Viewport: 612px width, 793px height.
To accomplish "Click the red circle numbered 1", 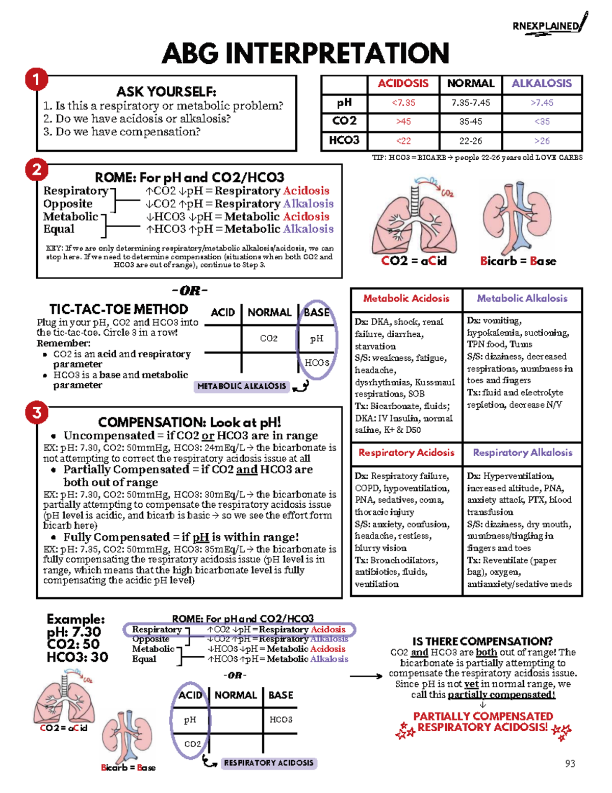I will pyautogui.click(x=36, y=80).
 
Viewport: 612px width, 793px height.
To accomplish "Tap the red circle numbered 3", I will pyautogui.click(x=37, y=412).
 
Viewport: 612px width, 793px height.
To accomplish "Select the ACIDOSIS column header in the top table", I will pyautogui.click(x=403, y=84).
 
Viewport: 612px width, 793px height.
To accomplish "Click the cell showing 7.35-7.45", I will pyautogui.click(x=470, y=103).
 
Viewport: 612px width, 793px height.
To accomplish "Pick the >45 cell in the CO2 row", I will pyautogui.click(x=403, y=122).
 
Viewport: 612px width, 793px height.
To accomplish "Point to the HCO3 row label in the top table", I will pyautogui.click(x=344, y=140).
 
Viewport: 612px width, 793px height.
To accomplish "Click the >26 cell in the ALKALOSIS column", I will pyautogui.click(x=542, y=141).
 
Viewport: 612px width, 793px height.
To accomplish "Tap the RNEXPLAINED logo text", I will pyautogui.click(x=546, y=26).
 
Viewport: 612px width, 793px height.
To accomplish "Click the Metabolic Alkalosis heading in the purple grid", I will pyautogui.click(x=522, y=299).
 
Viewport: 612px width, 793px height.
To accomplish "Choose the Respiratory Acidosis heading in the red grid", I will pyautogui.click(x=406, y=453).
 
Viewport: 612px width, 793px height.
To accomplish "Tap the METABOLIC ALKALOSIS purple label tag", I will pyautogui.click(x=241, y=386).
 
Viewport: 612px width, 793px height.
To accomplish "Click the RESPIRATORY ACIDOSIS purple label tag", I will pyautogui.click(x=269, y=763).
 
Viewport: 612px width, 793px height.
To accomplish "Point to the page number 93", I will pyautogui.click(x=570, y=763).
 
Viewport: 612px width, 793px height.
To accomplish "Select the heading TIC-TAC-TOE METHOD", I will pyautogui.click(x=118, y=309).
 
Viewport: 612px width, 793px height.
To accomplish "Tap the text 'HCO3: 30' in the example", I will pyautogui.click(x=77, y=657).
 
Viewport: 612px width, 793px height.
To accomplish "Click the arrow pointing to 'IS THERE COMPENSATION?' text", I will pyautogui.click(x=366, y=676).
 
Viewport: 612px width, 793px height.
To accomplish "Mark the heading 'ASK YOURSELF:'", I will pyautogui.click(x=166, y=92).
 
